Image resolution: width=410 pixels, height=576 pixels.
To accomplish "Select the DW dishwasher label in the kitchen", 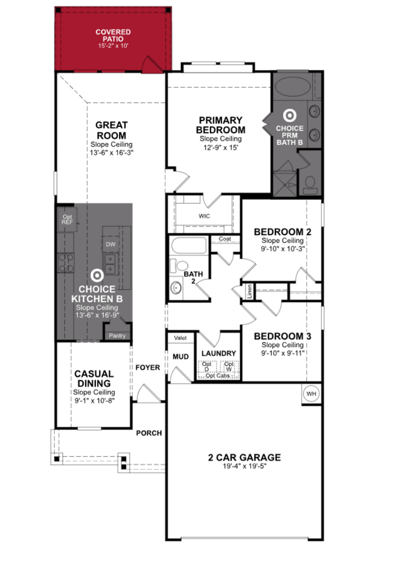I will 111,244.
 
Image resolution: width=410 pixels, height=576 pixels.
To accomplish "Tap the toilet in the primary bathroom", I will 310,185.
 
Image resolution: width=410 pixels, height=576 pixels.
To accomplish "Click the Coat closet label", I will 225,239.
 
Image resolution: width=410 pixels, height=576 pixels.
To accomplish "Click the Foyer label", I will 148,367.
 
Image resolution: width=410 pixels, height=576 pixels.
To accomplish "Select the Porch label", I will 149,433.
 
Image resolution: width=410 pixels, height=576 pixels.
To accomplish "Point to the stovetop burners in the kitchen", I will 66,263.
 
